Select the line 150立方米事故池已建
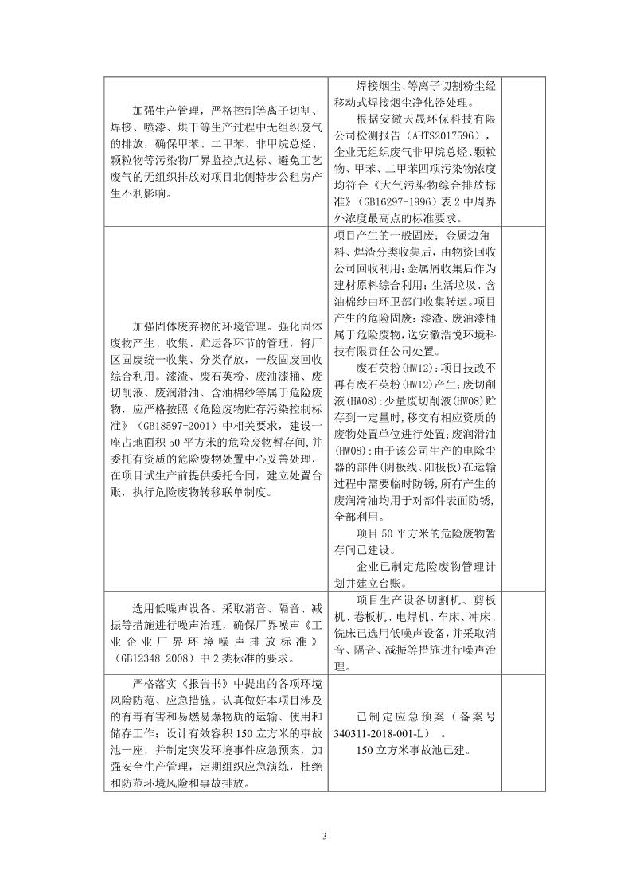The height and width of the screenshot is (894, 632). coord(414,749)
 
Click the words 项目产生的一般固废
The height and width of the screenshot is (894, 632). coord(385,236)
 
